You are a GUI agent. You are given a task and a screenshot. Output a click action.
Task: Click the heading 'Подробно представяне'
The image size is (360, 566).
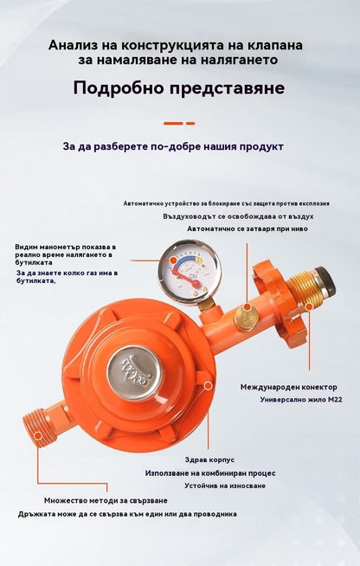(179, 88)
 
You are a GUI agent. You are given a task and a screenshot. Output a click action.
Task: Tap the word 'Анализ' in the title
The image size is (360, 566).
(70, 46)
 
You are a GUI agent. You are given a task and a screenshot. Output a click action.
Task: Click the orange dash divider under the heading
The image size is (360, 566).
(179, 123)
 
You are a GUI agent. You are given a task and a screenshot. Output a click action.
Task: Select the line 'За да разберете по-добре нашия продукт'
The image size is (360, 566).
(173, 146)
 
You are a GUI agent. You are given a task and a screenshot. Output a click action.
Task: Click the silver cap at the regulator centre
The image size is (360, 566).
(135, 372)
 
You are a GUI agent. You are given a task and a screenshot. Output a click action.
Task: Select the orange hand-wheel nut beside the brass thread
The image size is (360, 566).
(275, 304)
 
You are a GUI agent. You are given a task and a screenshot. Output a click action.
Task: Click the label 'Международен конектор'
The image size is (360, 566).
(289, 387)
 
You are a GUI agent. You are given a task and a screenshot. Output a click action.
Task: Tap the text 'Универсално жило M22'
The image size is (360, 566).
(301, 400)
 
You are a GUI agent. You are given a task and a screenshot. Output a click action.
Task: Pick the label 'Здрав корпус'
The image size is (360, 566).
(209, 460)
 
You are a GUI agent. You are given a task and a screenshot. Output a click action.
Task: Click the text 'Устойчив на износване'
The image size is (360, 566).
(225, 486)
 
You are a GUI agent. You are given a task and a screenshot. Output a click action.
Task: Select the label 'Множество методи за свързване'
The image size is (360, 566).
(106, 501)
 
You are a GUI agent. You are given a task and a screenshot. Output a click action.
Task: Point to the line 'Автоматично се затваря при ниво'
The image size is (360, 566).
(247, 228)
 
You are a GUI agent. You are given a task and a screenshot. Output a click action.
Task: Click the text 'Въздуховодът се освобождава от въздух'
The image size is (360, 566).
(238, 216)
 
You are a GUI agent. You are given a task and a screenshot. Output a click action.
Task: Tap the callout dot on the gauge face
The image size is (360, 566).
(174, 260)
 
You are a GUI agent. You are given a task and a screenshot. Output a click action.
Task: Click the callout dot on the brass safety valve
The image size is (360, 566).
(247, 307)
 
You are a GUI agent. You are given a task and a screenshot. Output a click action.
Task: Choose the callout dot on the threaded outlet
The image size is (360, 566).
(38, 435)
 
